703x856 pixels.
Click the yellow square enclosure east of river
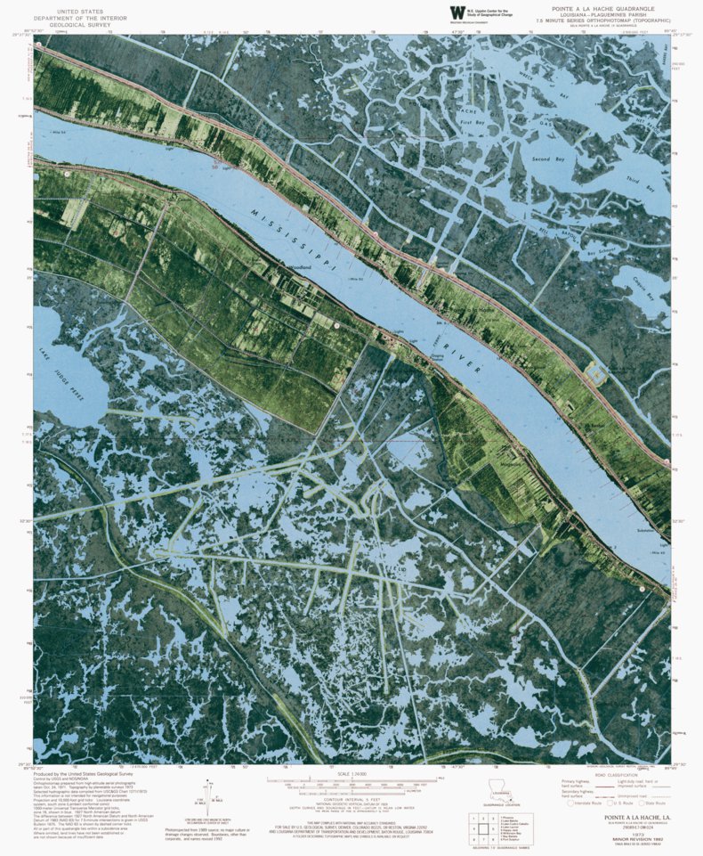[x=596, y=374]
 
